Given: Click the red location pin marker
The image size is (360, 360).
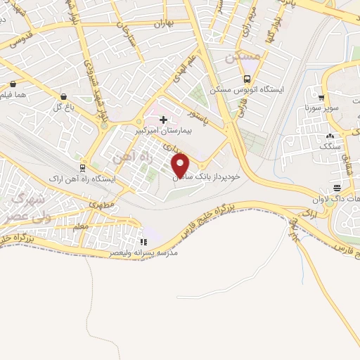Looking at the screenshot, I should click(181, 165).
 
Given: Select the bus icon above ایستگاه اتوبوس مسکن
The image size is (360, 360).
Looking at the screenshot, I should click(247, 79).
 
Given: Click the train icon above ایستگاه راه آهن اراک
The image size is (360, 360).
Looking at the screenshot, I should click(83, 168).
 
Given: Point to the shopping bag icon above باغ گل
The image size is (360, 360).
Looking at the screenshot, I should click(63, 96).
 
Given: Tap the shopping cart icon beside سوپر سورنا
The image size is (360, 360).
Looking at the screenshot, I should click(321, 98).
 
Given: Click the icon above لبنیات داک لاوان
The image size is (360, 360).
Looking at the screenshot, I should click(337, 187).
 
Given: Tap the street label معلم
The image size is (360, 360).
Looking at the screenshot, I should click(81, 226).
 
